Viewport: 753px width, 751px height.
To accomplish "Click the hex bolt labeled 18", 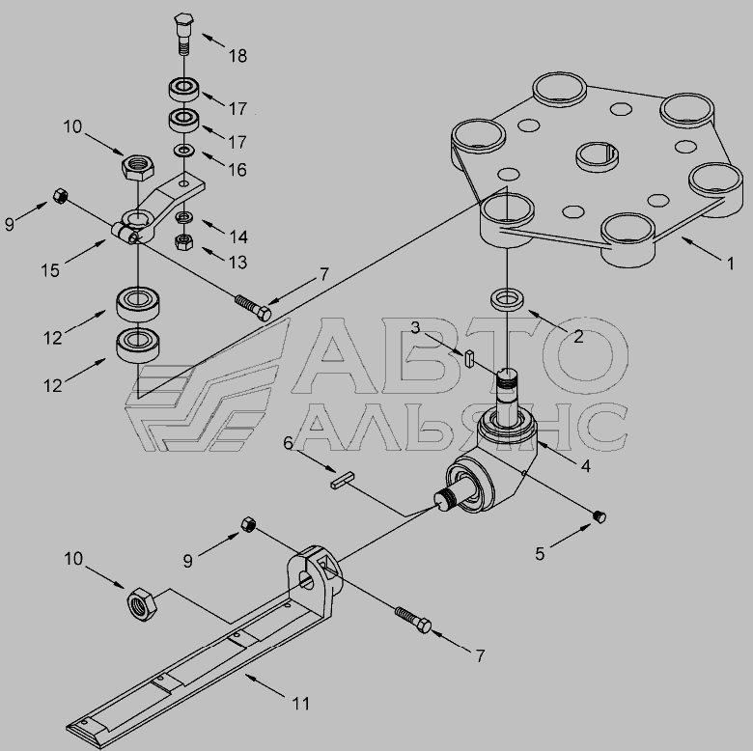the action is point(182,34).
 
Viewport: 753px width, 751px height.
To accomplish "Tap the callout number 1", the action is point(730,264).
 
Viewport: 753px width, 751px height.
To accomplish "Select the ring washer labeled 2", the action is point(507,299).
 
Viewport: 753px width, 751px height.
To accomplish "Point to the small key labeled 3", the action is point(470,359).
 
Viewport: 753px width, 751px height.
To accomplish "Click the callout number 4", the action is point(585,466).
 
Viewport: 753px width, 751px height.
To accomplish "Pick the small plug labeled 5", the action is point(600,516).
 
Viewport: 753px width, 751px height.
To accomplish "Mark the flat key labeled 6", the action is point(343,480).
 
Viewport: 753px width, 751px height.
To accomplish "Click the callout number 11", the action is point(301,704).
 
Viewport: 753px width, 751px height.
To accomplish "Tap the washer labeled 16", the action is point(184,151).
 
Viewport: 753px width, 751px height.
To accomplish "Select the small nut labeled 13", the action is point(183,241).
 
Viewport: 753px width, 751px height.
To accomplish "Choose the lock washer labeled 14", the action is point(183,217).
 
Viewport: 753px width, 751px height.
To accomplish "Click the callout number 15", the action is point(50,270).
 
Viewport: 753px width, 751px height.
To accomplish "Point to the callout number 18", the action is point(237,56).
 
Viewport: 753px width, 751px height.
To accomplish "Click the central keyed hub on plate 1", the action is point(597,156).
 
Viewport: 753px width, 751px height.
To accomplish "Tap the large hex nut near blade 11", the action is point(142,604).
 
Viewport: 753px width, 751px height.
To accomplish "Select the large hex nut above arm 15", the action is point(138,167).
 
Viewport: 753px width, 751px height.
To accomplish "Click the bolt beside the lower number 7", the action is point(413,620).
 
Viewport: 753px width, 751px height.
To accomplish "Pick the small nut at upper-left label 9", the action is point(61,195).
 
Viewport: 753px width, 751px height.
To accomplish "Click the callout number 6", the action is point(288,443).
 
